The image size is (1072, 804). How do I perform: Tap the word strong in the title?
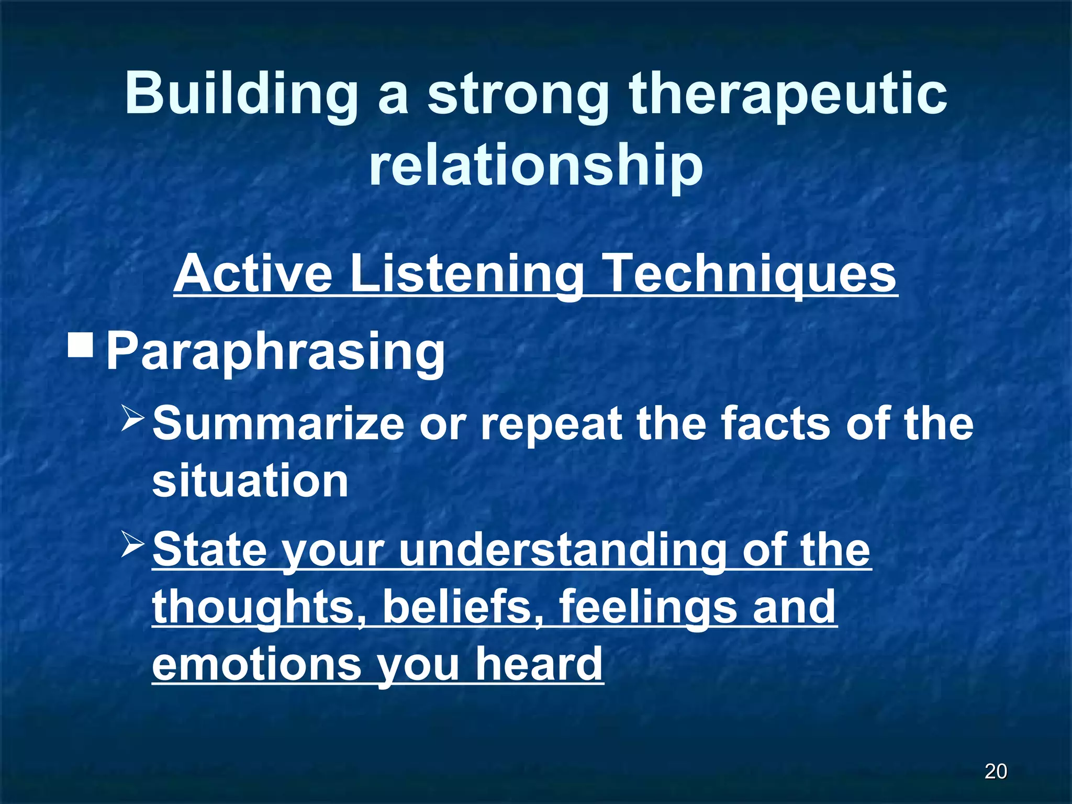(518, 94)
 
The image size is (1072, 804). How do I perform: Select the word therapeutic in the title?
(788, 94)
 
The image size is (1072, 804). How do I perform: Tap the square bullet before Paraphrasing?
(81, 345)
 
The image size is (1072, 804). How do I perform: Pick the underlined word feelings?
(646, 607)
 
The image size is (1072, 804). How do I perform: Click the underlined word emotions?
(256, 665)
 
